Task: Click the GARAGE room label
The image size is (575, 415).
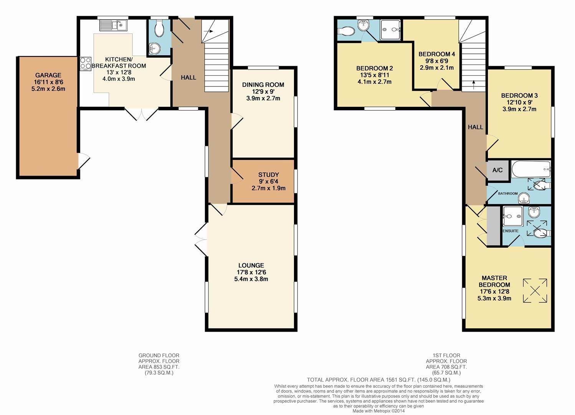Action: coord(48,75)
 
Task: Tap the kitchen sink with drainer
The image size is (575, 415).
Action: coord(113,25)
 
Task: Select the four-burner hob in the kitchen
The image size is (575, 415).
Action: coord(86,63)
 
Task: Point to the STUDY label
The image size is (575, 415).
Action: coord(269,175)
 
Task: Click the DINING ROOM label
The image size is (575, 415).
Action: coord(263,85)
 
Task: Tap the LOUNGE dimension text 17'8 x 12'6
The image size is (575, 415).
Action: coord(251,272)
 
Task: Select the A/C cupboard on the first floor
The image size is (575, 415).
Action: coord(498,170)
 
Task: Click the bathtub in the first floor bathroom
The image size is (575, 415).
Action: coord(531,169)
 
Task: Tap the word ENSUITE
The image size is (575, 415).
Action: coord(511,231)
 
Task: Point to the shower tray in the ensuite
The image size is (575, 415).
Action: coord(513,216)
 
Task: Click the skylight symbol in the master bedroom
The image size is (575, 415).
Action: coord(535,290)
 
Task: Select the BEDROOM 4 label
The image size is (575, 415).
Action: coord(437,54)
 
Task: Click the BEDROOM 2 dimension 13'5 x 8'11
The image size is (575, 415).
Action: coord(375,75)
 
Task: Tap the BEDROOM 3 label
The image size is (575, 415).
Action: coord(519,96)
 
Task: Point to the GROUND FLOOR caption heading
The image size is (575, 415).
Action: coord(159,355)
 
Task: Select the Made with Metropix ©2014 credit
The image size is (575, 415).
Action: coord(378,411)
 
